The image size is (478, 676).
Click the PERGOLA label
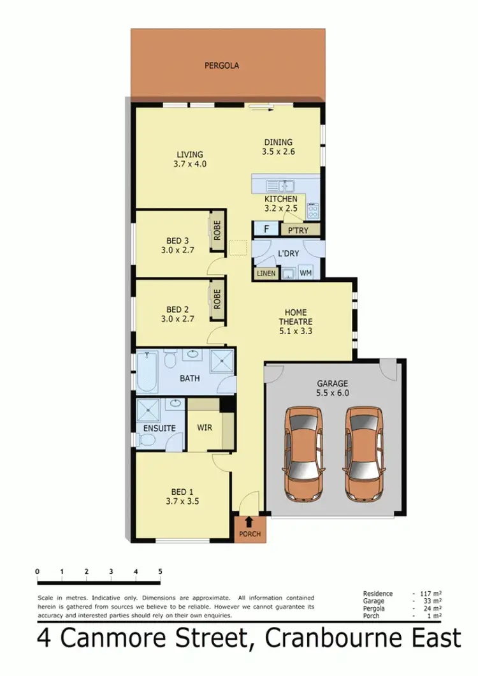[x=222, y=65]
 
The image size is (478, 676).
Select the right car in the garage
[x=363, y=453]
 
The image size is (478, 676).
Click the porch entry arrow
[x=249, y=523]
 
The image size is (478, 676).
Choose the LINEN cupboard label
[x=266, y=274]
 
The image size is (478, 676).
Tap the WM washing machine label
[x=305, y=274]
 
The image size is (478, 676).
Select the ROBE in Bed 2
[x=217, y=298]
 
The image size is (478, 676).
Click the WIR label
[x=205, y=428]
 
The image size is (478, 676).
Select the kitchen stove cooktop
[x=313, y=210]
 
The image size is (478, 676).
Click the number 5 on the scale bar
[x=160, y=571]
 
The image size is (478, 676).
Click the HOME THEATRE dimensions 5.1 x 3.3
[x=296, y=331]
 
